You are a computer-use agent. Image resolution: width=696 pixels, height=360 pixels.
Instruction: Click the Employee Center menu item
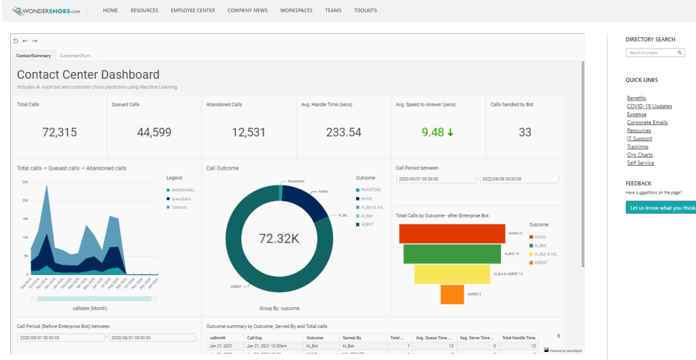(193, 11)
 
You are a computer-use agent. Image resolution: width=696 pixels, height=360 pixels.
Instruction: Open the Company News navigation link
(247, 11)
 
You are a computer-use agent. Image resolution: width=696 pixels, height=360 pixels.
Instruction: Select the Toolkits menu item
(365, 11)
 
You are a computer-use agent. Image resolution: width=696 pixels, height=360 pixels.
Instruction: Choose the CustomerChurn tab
(75, 55)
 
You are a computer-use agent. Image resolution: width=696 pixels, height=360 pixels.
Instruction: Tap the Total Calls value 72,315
(59, 132)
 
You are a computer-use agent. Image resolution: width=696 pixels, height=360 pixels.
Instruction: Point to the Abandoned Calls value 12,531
(248, 132)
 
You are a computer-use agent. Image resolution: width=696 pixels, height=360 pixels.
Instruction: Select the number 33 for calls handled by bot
(525, 132)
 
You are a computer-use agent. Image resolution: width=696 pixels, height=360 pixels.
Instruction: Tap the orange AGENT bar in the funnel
(452, 294)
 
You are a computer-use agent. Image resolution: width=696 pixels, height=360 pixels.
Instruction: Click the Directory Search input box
(650, 52)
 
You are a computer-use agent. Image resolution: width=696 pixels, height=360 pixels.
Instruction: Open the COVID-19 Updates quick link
(649, 107)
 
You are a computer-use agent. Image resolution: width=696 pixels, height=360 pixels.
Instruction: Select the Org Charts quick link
(640, 155)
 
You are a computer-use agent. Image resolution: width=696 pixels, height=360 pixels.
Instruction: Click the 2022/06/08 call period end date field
(519, 179)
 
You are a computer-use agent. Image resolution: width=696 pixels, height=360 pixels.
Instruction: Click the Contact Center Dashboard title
(88, 75)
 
